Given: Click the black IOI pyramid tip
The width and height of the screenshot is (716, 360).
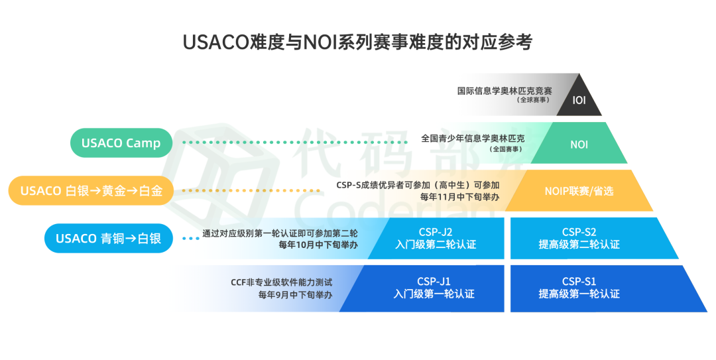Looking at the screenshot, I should [579, 99].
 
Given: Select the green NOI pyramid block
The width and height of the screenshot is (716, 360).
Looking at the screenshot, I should [579, 143].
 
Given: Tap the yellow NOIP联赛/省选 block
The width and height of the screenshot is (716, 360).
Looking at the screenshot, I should [579, 191].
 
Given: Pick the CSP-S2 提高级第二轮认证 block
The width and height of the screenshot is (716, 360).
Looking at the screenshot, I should [579, 238].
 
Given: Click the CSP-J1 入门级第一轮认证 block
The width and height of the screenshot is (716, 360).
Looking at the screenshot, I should [434, 287].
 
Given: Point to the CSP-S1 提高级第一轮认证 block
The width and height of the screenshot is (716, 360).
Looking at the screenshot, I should [579, 287].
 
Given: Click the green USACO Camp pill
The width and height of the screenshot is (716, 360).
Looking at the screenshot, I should [121, 143].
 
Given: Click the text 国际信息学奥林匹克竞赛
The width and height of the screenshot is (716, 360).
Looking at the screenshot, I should [505, 90].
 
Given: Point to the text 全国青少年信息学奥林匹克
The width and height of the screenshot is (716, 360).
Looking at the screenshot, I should [473, 139].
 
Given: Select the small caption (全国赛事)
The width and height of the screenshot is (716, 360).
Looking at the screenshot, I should [505, 149].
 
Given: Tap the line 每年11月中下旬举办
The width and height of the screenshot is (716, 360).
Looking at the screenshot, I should [459, 197].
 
